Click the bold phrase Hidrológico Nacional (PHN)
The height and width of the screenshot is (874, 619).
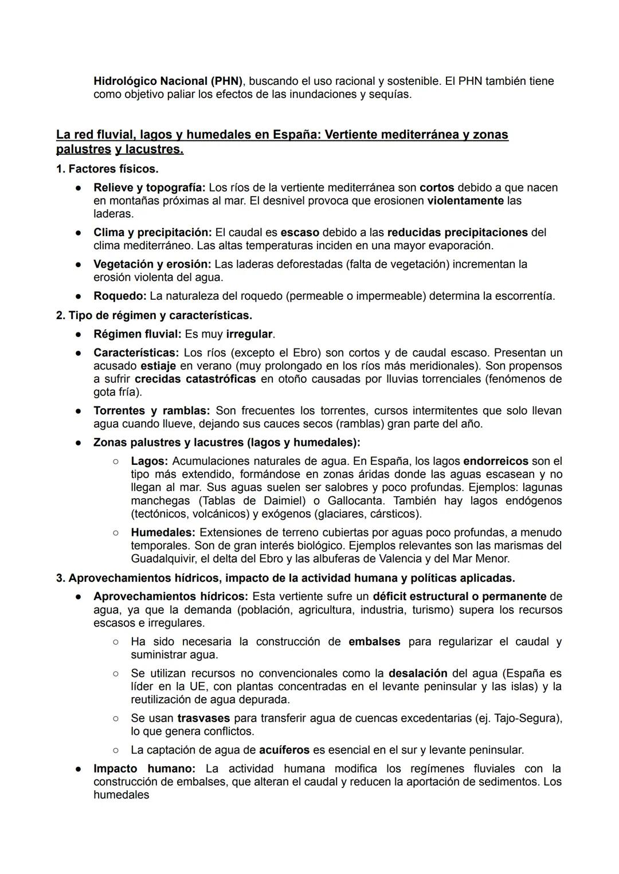[x=168, y=81]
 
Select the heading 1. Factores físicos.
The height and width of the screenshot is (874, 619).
[x=107, y=169]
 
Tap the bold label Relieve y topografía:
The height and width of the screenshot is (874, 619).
[x=149, y=187]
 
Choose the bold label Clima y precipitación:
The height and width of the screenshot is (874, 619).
[x=152, y=232]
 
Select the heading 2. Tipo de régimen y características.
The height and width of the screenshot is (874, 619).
[x=154, y=315]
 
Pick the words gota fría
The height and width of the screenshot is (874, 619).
[x=117, y=392]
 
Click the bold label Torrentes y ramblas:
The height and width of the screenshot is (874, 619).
[x=151, y=410]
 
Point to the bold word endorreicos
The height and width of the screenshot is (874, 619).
[x=495, y=461]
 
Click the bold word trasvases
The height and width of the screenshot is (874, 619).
[x=203, y=718]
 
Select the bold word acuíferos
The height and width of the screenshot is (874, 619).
[x=284, y=750]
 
